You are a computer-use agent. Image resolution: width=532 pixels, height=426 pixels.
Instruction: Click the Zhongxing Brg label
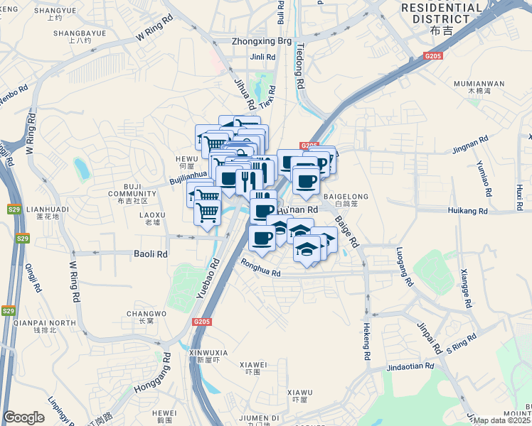[x=261, y=41]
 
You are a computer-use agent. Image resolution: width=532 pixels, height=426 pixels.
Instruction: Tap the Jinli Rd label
[x=262, y=56]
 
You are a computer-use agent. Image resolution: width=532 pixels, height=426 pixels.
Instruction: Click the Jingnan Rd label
[x=470, y=150]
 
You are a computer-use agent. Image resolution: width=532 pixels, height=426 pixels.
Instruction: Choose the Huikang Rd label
[x=468, y=211]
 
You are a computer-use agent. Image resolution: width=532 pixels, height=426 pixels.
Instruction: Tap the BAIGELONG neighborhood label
[x=346, y=196]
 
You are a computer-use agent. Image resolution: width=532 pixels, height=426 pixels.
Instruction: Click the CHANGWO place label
[x=146, y=313]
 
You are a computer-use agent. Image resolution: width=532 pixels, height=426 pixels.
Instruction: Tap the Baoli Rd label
[x=151, y=253]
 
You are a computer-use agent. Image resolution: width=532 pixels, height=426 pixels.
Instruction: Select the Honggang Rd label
[x=151, y=376]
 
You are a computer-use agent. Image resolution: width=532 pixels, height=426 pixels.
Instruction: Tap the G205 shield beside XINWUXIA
[x=202, y=322]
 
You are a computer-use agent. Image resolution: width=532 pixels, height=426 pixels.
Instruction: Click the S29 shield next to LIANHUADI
[x=14, y=209]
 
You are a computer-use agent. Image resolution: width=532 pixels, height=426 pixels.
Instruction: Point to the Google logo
[x=23, y=418]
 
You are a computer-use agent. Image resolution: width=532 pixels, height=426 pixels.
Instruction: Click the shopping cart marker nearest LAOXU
[x=207, y=212]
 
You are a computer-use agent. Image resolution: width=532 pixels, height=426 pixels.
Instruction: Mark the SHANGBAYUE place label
[x=80, y=33]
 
